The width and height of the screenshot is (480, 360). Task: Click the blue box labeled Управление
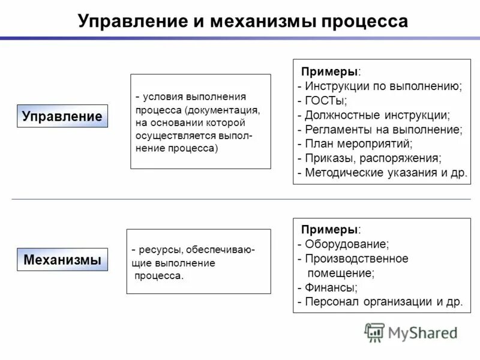(x=62, y=116)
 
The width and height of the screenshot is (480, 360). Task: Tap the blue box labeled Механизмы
(x=62, y=260)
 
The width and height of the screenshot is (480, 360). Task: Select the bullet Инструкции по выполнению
(x=383, y=86)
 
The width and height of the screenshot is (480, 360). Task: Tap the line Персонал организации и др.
(x=383, y=302)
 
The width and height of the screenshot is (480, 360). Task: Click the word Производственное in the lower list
(x=356, y=259)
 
